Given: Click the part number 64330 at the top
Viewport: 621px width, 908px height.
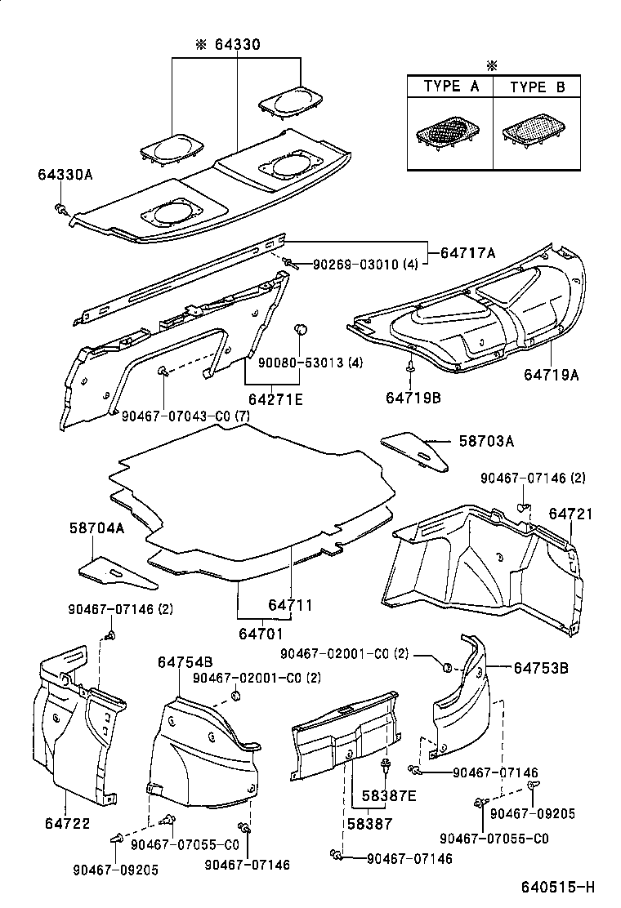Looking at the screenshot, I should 237,45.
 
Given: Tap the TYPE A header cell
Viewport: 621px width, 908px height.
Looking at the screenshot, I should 451,87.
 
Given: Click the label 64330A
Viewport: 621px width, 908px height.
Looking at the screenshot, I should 65,175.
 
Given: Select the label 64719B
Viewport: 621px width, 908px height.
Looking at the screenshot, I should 413,397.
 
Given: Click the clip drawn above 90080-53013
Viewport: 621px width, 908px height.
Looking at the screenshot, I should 301,330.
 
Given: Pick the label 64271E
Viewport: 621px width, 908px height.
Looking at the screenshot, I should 275,398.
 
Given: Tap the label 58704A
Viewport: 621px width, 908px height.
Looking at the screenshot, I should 96,528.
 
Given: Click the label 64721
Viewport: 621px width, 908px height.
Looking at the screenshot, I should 570,514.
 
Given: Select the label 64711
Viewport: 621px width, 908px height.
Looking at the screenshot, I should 291,605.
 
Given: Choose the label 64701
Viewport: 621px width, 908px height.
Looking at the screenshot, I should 261,633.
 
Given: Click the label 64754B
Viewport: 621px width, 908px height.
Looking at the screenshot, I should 185,661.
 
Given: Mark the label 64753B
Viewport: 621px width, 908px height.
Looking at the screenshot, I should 541,668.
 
